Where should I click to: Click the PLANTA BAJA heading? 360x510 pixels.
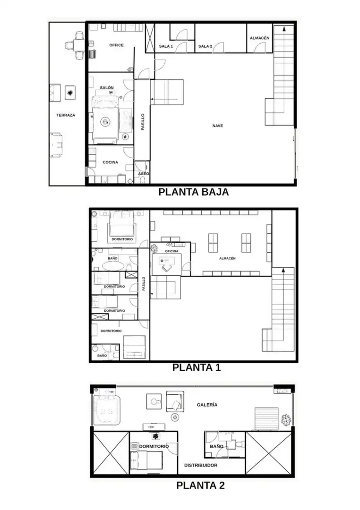pos(193,192)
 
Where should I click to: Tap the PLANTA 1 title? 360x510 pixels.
pos(196,367)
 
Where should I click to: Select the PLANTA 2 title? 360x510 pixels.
pos(200,485)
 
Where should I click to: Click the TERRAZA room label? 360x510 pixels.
pos(65,115)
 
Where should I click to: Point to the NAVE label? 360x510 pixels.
pos(217,126)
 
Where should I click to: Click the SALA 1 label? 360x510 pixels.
pos(166,46)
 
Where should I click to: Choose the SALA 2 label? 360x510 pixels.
pos(205,46)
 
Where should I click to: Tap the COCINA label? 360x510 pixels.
pos(111,162)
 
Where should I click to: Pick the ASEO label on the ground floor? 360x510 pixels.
pos(143,174)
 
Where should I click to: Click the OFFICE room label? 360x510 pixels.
pos(116,45)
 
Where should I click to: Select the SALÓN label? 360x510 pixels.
pos(107,87)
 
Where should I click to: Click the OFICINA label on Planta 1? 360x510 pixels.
pos(171,251)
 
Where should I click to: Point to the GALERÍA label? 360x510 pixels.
pos(207,405)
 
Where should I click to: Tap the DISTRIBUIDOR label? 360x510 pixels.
pos(201,465)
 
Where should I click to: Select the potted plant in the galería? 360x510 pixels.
pos(286,420)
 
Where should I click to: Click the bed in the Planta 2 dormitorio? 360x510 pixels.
pos(146,460)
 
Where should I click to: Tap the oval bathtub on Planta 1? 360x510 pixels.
pos(113,266)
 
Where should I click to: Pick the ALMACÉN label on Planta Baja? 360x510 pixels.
pos(259,38)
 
